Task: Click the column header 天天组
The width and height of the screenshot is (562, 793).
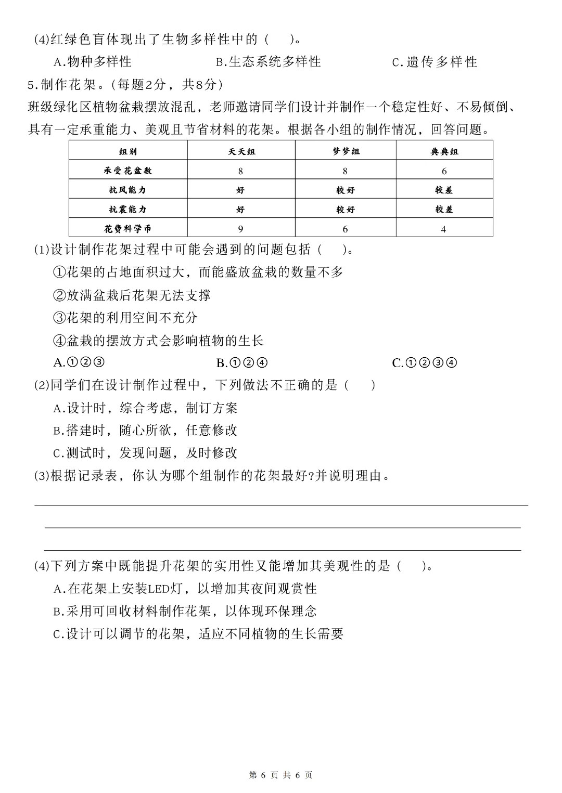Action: click(x=241, y=151)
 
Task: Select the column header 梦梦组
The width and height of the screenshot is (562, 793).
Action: click(x=346, y=151)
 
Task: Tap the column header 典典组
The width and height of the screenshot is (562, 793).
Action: click(x=444, y=151)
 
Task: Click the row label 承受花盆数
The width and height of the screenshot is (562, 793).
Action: click(x=128, y=171)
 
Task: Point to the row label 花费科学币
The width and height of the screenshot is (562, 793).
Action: click(x=128, y=229)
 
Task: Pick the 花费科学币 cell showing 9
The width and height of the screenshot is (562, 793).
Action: click(x=240, y=229)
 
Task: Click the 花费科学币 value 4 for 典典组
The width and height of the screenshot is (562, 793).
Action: click(x=443, y=229)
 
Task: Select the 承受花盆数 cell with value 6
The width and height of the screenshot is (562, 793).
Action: click(x=444, y=171)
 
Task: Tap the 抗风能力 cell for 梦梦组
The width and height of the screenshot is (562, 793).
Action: click(x=346, y=190)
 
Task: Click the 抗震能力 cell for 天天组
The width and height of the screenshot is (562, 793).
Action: click(x=240, y=210)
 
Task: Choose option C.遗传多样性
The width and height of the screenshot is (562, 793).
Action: click(x=435, y=62)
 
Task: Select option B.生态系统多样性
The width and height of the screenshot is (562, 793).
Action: click(x=269, y=62)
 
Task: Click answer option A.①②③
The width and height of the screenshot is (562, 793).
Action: click(x=79, y=362)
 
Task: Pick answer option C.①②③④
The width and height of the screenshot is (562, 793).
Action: click(x=424, y=362)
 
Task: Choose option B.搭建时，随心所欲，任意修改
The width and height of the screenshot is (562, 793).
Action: click(x=145, y=430)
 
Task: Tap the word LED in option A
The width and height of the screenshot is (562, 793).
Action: click(x=157, y=589)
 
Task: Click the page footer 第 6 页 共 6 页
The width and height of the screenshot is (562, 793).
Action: click(x=281, y=775)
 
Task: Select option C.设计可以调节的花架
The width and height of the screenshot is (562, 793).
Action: click(x=198, y=634)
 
